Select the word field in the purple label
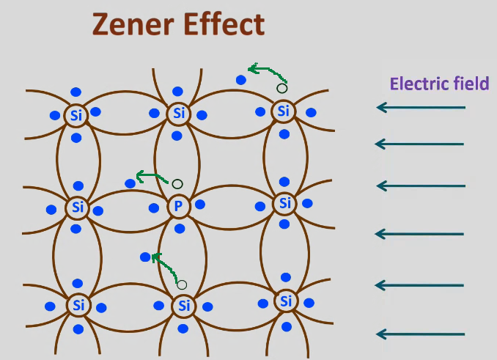[470, 84]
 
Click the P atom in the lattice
[177, 207]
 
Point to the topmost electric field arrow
[421, 109]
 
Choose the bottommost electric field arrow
[421, 335]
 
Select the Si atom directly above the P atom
[179, 114]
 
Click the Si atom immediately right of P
[285, 203]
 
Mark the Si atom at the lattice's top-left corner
[76, 115]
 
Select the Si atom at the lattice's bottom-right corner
[286, 301]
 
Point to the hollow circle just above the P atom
[177, 183]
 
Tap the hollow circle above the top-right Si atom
[281, 89]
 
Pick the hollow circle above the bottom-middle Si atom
[182, 284]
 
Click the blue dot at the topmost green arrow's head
[240, 79]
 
